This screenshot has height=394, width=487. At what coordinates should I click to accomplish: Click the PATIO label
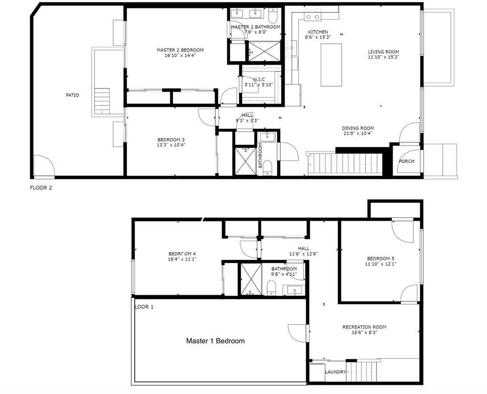coord(72,95)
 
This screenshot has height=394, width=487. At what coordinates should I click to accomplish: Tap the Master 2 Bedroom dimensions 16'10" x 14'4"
coord(180,55)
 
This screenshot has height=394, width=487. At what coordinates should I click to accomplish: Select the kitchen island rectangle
coord(331,65)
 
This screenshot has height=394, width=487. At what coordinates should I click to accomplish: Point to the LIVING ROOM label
coord(383,52)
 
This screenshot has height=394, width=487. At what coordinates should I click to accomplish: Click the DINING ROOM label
coord(358,128)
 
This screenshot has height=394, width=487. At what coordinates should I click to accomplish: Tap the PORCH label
coord(406,162)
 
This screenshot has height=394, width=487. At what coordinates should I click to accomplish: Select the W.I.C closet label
coord(259,80)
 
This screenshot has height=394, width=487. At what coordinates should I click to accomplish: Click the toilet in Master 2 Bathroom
coord(273,17)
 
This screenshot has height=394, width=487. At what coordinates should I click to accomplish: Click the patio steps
coord(102,101)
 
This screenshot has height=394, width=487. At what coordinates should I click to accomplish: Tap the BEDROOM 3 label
coord(171,140)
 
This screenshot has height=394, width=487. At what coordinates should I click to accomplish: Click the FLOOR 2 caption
coord(41,188)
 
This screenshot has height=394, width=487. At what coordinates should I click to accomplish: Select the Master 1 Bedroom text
coord(215,341)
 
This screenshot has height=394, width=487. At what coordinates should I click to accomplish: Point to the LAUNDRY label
coord(335,372)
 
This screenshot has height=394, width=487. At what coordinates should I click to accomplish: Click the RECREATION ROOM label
coord(364,327)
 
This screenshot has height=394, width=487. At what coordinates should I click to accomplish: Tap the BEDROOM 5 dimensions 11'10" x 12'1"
coord(380,264)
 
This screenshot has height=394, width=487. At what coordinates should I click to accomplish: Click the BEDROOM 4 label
coord(182,253)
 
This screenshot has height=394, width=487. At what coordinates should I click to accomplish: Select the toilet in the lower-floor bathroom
coord(272,287)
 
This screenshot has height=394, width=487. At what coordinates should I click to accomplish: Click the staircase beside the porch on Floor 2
coord(345,164)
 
